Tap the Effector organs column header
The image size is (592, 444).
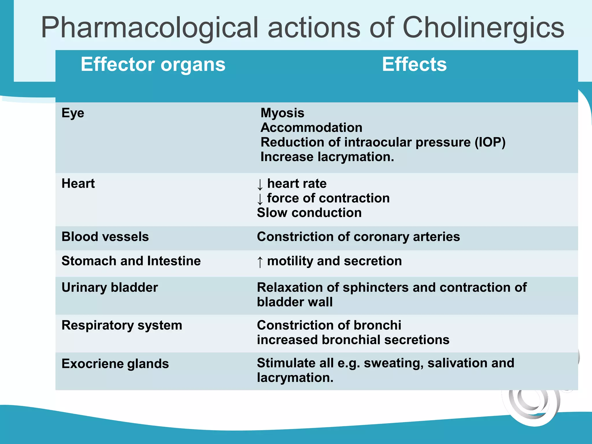153,64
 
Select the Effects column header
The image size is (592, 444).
414,64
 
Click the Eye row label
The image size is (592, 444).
73,113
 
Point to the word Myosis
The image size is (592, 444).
282,113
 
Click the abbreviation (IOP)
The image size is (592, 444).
490,142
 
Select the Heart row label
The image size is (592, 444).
78,184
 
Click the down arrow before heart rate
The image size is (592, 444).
260,184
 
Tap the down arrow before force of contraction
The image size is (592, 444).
260,199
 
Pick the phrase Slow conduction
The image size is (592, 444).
309,213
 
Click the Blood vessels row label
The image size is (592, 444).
105,237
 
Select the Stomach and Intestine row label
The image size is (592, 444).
131,261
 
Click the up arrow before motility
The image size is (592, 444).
260,262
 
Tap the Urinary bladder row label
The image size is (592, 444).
110,288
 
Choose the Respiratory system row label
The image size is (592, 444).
122,325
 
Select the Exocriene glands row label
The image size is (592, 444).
115,364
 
